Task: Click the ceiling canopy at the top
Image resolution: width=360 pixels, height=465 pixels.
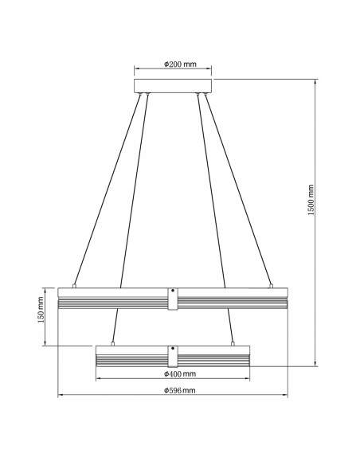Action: pos(174,85)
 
